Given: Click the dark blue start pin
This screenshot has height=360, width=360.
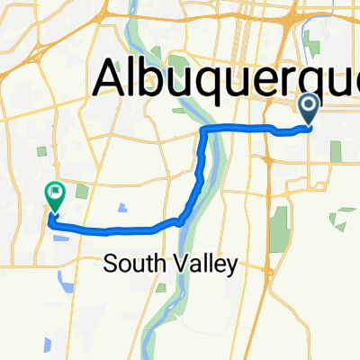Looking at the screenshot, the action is point(309,110).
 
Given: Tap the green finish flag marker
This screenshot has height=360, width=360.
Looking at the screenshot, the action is point(53,194).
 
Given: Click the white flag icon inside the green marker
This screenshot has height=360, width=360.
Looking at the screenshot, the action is point(54,191).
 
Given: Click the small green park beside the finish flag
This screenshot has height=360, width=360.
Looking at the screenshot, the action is point(83,191).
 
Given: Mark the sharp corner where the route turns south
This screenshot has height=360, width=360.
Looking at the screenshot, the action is point(202,131).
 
